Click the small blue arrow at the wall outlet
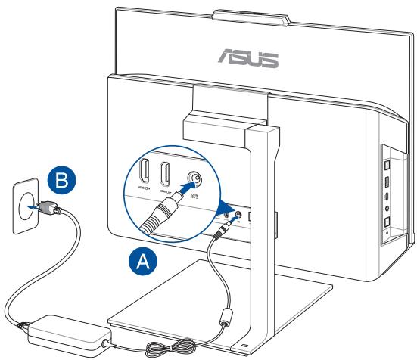[x=30, y=203]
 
